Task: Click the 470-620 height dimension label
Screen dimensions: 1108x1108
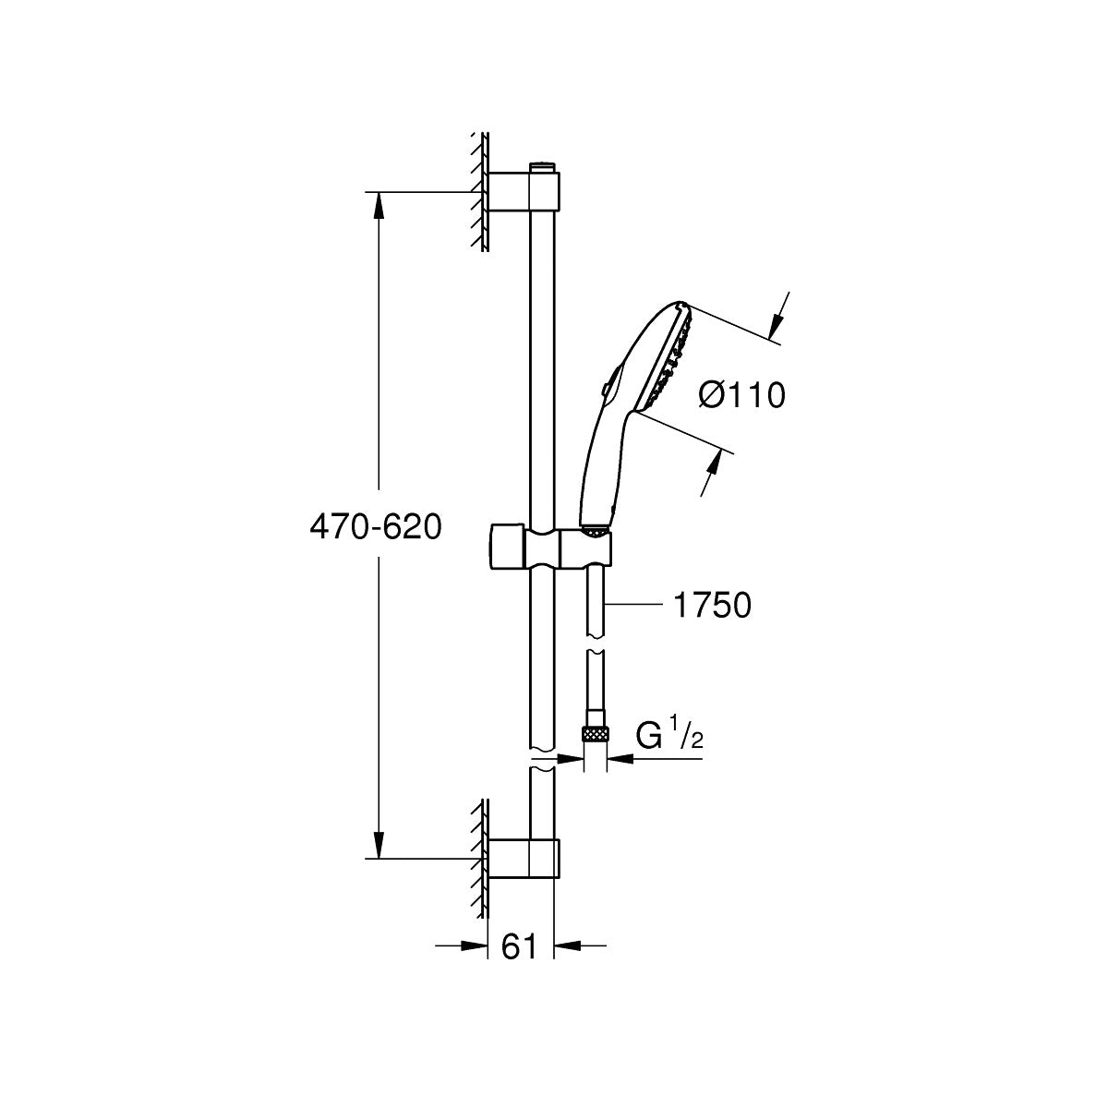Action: tap(376, 526)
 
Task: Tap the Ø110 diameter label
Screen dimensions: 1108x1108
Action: tap(742, 395)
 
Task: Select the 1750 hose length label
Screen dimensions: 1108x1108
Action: tap(712, 605)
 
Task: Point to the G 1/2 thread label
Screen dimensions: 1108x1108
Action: tap(669, 737)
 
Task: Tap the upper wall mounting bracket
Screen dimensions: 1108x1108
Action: tap(524, 193)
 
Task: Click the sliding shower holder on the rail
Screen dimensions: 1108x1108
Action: tap(550, 548)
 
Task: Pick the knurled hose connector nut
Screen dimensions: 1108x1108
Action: tap(596, 733)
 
